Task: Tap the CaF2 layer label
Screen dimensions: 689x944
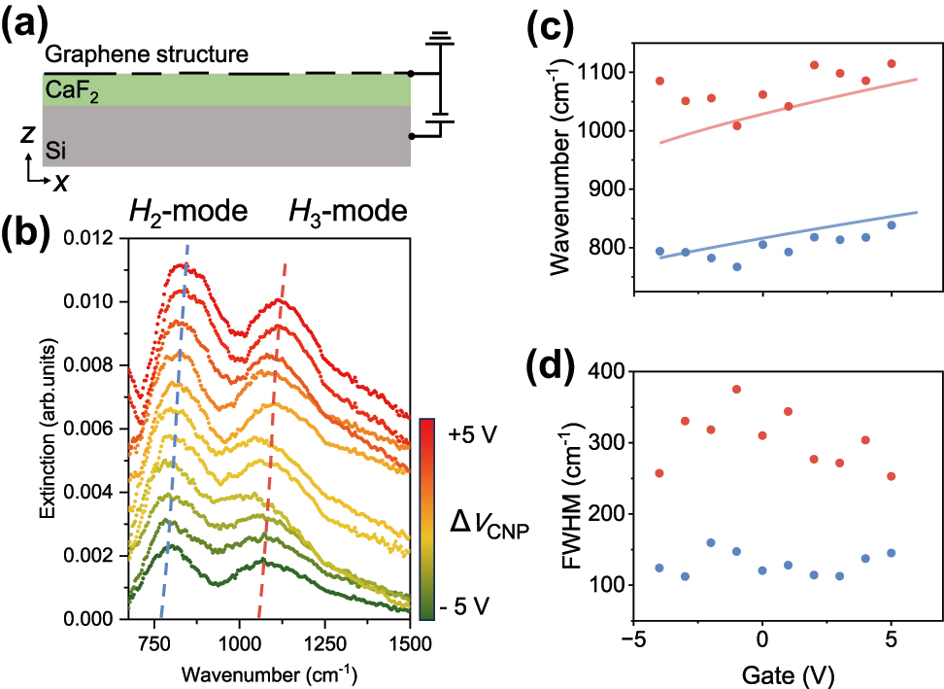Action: [x=69, y=90]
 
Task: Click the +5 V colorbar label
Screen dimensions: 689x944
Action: [x=475, y=435]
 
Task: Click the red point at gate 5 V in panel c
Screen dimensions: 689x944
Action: [x=892, y=64]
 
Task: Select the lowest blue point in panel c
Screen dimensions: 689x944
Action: [x=737, y=266]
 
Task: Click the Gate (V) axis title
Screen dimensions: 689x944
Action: [x=762, y=671]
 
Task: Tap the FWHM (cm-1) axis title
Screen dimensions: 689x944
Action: [x=559, y=479]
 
